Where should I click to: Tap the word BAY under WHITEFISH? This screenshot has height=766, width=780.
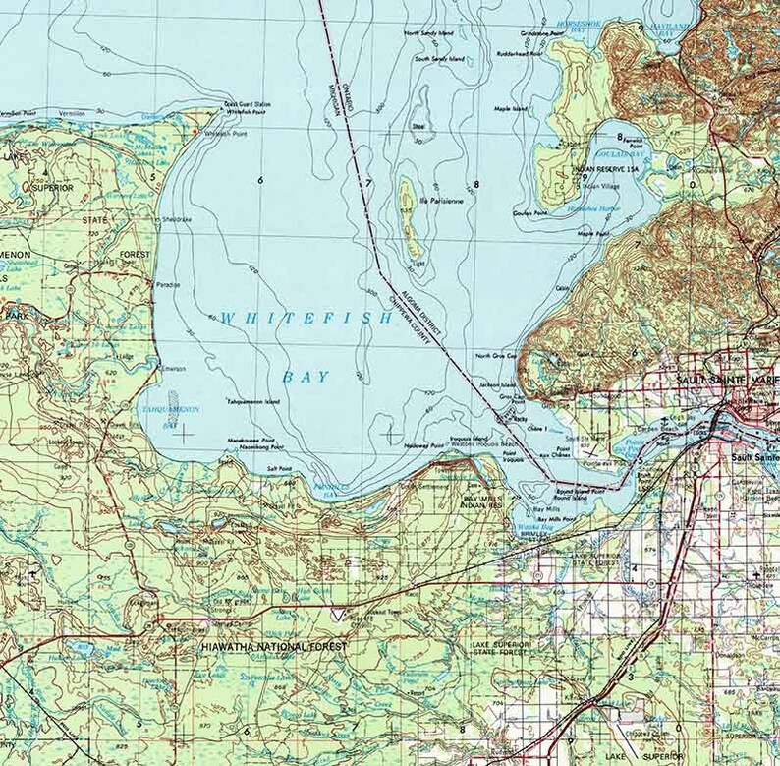click(301, 377)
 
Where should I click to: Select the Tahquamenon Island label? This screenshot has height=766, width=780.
click(253, 401)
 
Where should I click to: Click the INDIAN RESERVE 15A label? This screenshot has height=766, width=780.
click(602, 169)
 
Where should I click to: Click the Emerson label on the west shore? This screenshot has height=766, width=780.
click(174, 369)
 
